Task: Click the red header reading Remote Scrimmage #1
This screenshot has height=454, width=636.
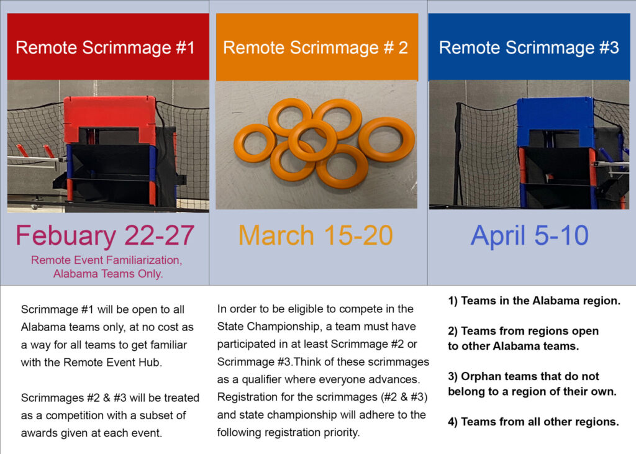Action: tap(108, 47)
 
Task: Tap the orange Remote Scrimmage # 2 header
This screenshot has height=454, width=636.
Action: tap(317, 47)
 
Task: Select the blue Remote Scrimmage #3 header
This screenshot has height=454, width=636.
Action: tap(529, 47)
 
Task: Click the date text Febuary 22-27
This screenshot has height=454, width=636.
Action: tap(105, 236)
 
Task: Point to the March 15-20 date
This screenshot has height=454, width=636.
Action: tap(316, 235)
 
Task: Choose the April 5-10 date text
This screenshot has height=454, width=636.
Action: tap(529, 236)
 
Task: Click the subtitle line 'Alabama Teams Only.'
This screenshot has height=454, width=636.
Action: tap(108, 274)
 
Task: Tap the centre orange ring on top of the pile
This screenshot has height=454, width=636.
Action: tap(313, 140)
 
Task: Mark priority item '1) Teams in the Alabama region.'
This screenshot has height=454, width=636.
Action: tap(534, 301)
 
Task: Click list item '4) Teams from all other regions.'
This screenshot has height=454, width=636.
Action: tap(534, 422)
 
